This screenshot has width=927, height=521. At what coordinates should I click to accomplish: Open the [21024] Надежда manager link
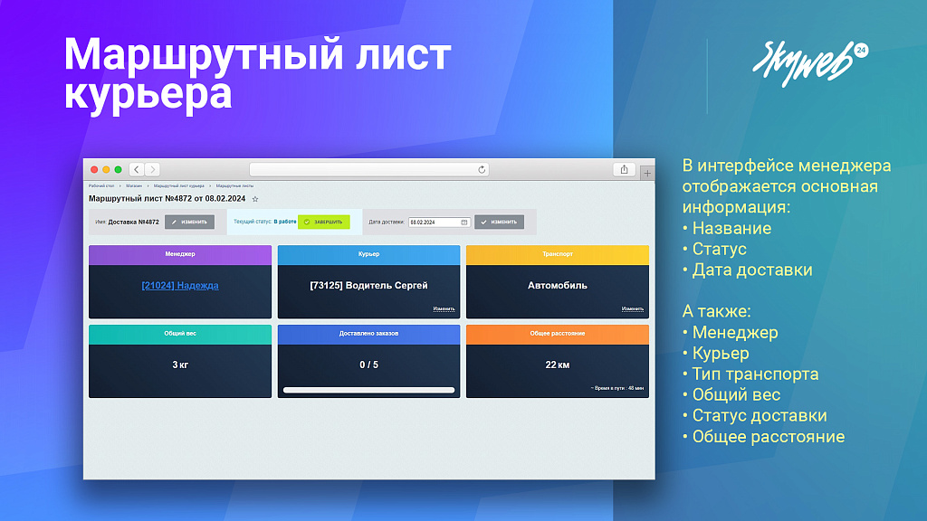(x=180, y=286)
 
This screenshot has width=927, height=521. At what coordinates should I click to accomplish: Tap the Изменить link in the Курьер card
(x=444, y=309)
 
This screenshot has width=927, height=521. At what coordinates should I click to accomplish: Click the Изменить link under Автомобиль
(x=633, y=309)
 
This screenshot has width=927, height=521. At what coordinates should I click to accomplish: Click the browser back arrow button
(x=136, y=169)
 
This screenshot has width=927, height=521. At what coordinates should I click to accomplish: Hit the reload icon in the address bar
(x=483, y=169)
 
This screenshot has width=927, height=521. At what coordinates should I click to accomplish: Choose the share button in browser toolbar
(x=625, y=169)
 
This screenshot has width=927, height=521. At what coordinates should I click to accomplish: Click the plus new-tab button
(x=646, y=173)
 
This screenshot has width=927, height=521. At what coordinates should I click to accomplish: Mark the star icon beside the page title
(x=255, y=198)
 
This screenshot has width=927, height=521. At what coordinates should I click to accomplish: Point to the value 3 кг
(x=180, y=365)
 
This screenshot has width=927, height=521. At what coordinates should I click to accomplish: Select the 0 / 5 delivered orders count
(x=368, y=365)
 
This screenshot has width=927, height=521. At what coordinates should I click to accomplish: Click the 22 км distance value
(x=558, y=365)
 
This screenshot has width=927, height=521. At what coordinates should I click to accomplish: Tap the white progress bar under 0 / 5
(x=368, y=390)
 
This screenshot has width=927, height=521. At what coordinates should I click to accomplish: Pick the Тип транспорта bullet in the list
(x=755, y=374)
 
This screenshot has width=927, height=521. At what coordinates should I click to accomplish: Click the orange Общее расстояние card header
(x=558, y=334)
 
